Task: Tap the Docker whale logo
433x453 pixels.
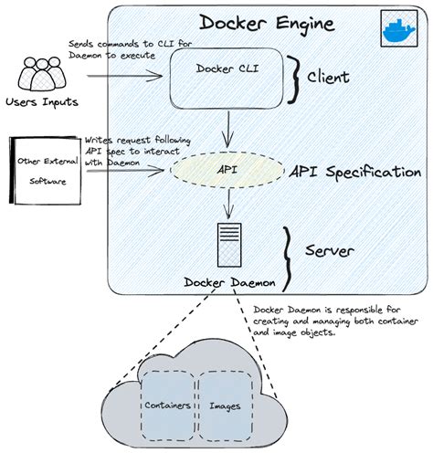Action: [x=396, y=29]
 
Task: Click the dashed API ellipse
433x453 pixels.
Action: [x=222, y=169]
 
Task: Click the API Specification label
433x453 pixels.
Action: [x=354, y=172]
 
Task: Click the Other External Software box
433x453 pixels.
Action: [x=46, y=169]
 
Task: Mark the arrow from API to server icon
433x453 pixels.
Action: [x=222, y=205]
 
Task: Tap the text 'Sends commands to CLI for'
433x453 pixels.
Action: [x=116, y=44]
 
